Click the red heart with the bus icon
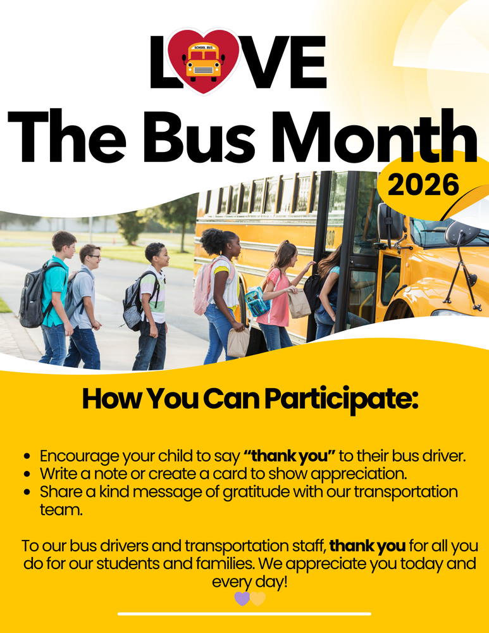(x=203, y=61)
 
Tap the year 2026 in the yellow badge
(x=424, y=184)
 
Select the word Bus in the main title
(x=199, y=137)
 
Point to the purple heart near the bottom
(x=242, y=598)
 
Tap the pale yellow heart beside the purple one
(x=258, y=598)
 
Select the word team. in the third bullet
(x=61, y=510)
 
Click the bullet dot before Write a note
(x=27, y=474)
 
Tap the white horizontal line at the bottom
(x=244, y=614)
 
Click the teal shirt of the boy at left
(x=56, y=290)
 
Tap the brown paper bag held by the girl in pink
(x=299, y=304)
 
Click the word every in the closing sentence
(x=227, y=582)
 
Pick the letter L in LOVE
(x=160, y=62)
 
